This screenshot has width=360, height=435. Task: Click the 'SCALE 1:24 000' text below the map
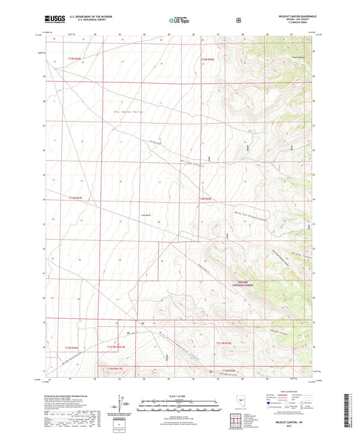[x=179, y=395]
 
